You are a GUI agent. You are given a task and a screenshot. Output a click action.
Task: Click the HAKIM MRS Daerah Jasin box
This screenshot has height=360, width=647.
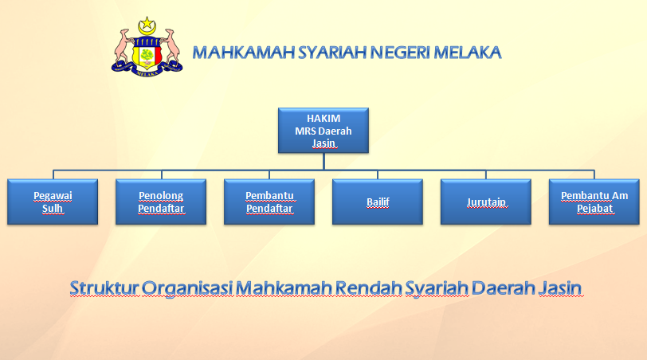(x=323, y=131)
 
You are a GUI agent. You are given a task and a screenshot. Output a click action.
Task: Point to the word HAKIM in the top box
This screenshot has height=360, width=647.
(x=323, y=118)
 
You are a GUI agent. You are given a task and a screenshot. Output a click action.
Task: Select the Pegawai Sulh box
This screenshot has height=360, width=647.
(x=53, y=202)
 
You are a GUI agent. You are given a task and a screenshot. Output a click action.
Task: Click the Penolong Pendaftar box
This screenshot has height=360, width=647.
(x=161, y=202)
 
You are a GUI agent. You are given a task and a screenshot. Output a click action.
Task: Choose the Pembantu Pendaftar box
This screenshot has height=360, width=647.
(x=269, y=202)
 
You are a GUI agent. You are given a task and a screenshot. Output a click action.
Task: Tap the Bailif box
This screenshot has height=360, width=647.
(x=378, y=202)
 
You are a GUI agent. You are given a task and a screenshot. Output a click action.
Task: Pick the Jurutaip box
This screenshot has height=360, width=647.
(x=486, y=202)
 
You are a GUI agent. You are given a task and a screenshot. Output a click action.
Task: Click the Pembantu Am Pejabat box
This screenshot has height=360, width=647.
(x=594, y=202)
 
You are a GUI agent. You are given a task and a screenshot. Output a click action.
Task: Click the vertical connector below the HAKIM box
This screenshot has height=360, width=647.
(x=323, y=161)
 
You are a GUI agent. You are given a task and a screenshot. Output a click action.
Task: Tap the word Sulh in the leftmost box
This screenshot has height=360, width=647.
(x=53, y=209)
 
